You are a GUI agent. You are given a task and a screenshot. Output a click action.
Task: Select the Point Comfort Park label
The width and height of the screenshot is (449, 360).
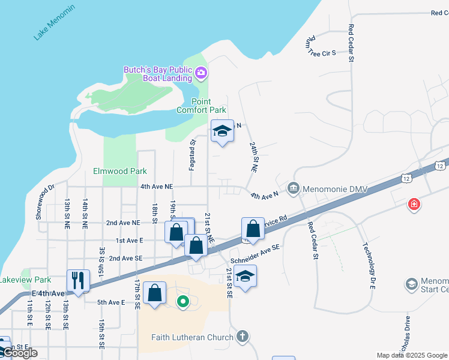point(201,106)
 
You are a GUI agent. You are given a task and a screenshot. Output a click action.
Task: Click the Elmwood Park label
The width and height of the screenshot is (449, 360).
point(120,171)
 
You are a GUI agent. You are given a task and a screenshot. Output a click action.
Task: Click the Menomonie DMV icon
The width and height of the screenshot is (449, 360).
point(293,188)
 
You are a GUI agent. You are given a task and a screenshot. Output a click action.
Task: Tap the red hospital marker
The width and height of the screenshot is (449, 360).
point(414,205)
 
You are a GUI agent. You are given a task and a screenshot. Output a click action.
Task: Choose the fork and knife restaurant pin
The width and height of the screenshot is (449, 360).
point(78,280)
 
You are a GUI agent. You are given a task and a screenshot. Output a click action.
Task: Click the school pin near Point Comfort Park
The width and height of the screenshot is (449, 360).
point(222,131)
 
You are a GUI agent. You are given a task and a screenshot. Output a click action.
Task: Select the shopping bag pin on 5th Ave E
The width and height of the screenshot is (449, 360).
point(155,293)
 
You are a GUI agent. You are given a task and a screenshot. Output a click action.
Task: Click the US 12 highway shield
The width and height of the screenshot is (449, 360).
point(440,165)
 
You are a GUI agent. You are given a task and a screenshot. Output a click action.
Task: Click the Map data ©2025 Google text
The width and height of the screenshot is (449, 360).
point(412,355)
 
